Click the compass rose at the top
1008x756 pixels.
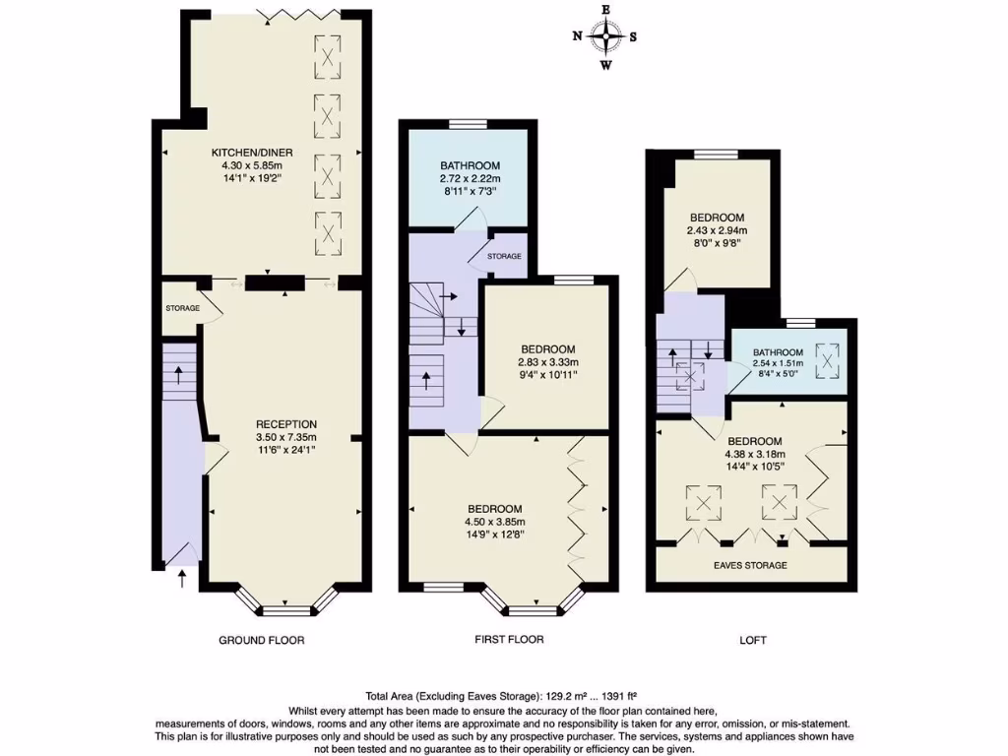pyautogui.click(x=605, y=38)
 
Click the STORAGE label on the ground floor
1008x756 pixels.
pyautogui.click(x=182, y=308)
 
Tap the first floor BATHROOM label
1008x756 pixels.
pyautogui.click(x=470, y=165)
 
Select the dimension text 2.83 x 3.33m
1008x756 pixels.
pyautogui.click(x=548, y=361)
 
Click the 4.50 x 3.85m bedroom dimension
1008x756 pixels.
pyautogui.click(x=495, y=522)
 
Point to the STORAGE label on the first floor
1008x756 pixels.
pyautogui.click(x=504, y=256)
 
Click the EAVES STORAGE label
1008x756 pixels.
pyautogui.click(x=750, y=566)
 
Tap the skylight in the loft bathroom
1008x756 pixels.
pyautogui.click(x=830, y=358)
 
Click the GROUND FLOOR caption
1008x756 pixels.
pyautogui.click(x=261, y=640)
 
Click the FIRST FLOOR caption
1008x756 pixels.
pyautogui.click(x=509, y=640)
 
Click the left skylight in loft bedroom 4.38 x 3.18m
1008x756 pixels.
pyautogui.click(x=702, y=504)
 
